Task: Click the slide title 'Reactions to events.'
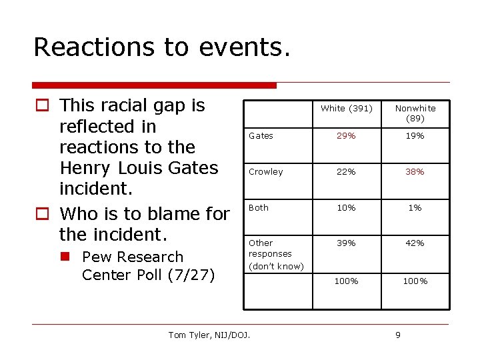coord(162,47)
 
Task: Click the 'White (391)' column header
coord(346,108)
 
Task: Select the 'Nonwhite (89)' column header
coord(415,113)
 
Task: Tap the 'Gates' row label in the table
coord(261,136)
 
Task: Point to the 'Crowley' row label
coord(265,172)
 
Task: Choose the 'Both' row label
coord(259,208)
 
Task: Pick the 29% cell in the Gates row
coord(346,136)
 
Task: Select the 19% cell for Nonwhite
coord(415,136)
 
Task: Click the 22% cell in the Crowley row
coord(346,172)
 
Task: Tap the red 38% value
coord(415,172)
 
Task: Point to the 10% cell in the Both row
coord(346,208)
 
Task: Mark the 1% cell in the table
coord(415,208)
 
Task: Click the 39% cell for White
coord(346,243)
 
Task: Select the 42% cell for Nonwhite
coord(415,243)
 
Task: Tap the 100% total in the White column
coord(346,281)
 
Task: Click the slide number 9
coord(398,335)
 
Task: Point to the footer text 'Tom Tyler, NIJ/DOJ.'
coord(209,335)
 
